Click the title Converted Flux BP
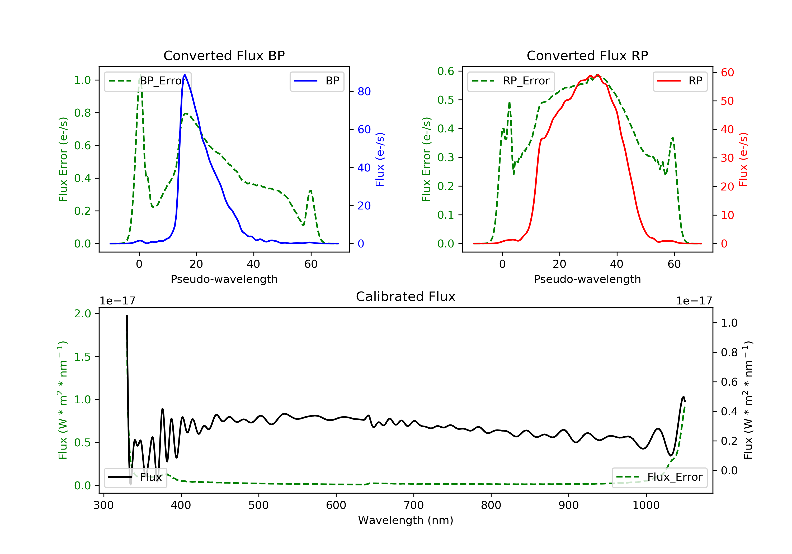coord(224,55)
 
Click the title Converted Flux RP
coord(587,55)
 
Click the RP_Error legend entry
coord(511,81)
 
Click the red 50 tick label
coord(727,101)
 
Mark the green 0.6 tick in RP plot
coord(445,71)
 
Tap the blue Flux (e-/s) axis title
coord(380,159)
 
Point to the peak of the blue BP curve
coord(185,75)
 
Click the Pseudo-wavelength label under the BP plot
coord(224,279)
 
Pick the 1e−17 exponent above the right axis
coord(694,301)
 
